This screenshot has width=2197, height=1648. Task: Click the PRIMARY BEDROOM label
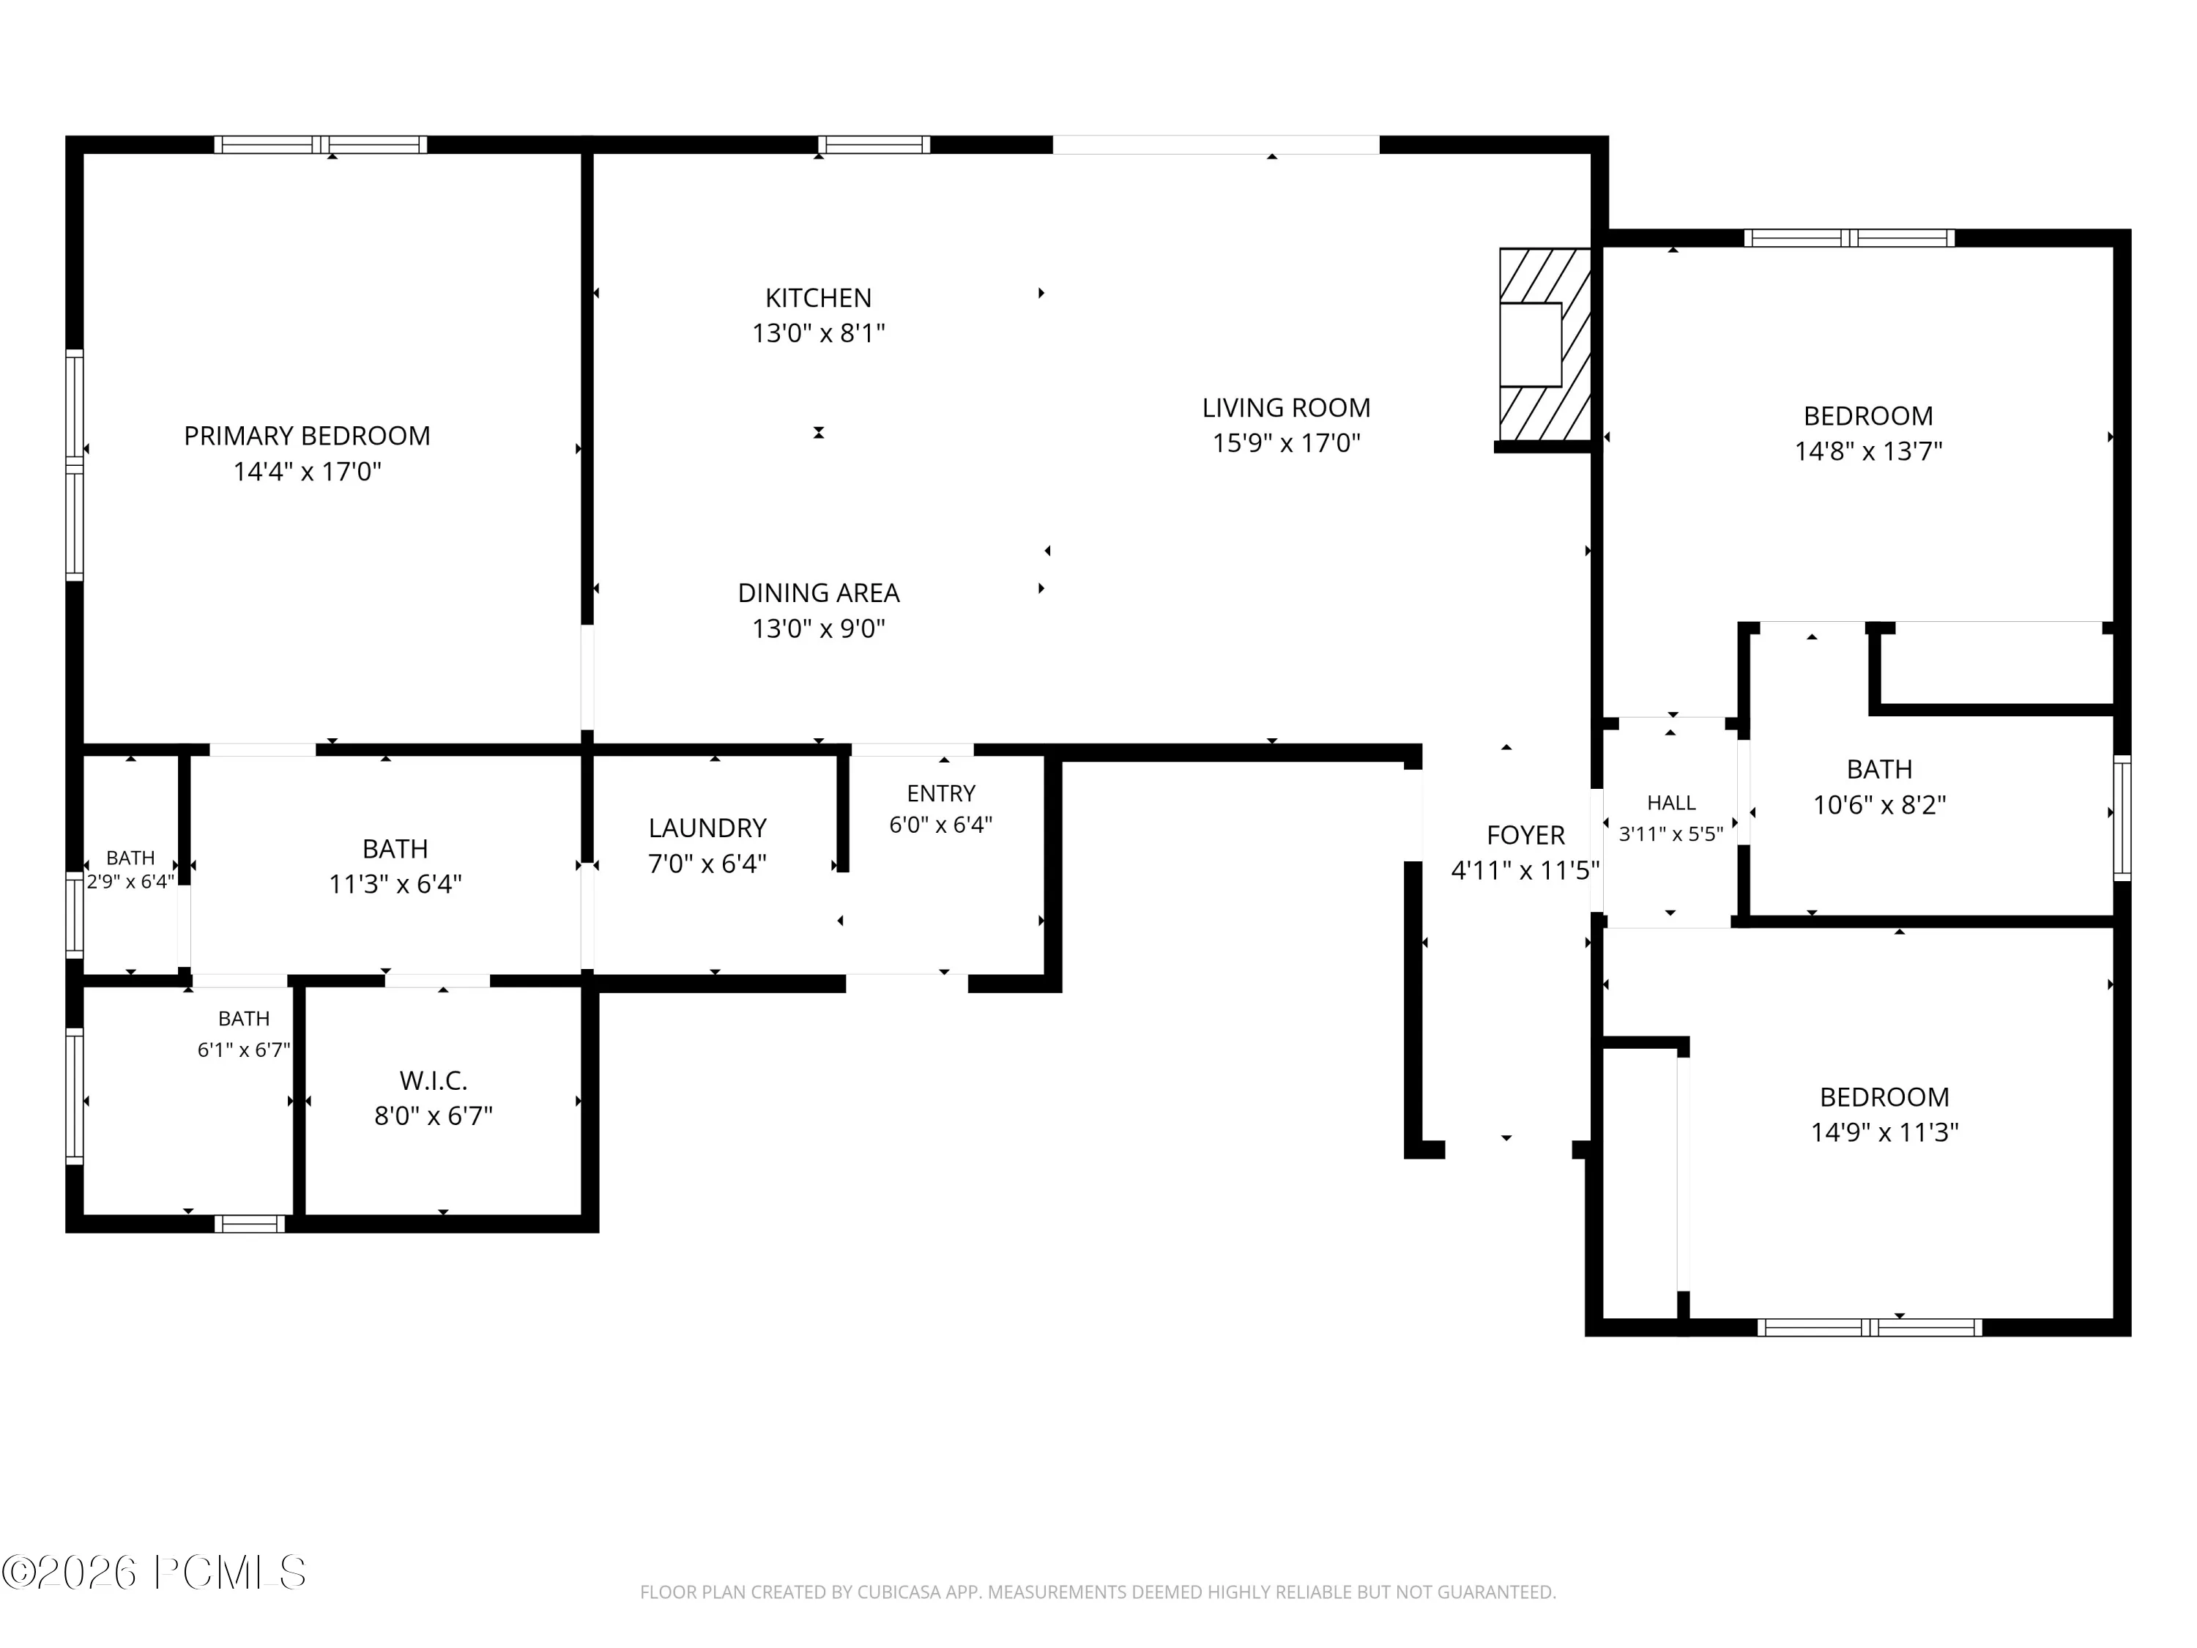pyautogui.click(x=307, y=436)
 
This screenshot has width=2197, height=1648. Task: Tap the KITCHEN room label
pyautogui.click(x=819, y=298)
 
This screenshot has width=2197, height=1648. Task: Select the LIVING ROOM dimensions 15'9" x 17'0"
pyautogui.click(x=1286, y=443)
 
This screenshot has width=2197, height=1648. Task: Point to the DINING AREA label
pyautogui.click(x=819, y=593)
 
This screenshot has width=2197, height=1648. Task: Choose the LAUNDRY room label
pyautogui.click(x=707, y=828)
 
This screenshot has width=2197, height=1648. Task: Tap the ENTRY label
pyautogui.click(x=940, y=794)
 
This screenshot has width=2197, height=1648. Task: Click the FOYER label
pyautogui.click(x=1525, y=836)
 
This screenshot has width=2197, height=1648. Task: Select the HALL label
pyautogui.click(x=1672, y=803)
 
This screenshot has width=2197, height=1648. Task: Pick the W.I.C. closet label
pyautogui.click(x=433, y=1081)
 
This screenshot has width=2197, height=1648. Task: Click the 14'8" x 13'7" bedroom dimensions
pyautogui.click(x=1868, y=451)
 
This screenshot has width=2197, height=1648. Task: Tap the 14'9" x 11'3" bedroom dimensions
pyautogui.click(x=1884, y=1132)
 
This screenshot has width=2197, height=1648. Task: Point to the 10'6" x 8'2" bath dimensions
pyautogui.click(x=1879, y=805)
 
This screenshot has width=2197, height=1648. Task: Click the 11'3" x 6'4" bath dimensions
pyautogui.click(x=395, y=884)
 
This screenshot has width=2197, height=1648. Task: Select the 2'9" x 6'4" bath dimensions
pyautogui.click(x=130, y=881)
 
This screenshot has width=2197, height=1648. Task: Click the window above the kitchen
pyautogui.click(x=874, y=145)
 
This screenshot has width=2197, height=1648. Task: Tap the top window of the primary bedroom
pyautogui.click(x=321, y=145)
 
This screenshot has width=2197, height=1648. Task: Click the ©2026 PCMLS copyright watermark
pyautogui.click(x=154, y=1573)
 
